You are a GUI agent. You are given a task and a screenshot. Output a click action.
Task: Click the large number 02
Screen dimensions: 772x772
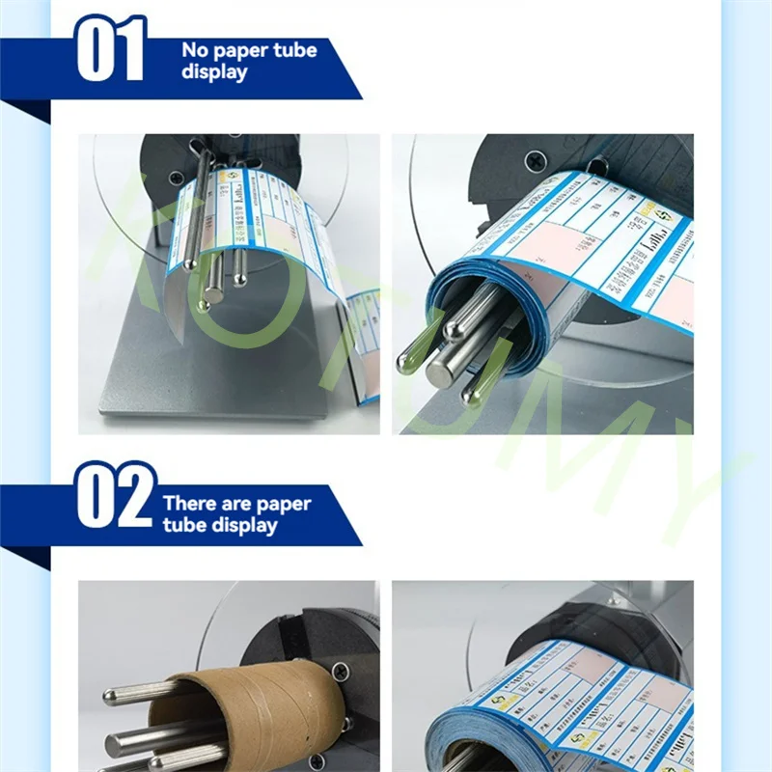coord(114,495)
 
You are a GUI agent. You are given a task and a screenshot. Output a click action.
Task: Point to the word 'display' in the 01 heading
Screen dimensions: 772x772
coord(214,72)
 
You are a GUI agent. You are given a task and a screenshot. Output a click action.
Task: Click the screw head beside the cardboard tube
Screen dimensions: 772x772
coord(341,668)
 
